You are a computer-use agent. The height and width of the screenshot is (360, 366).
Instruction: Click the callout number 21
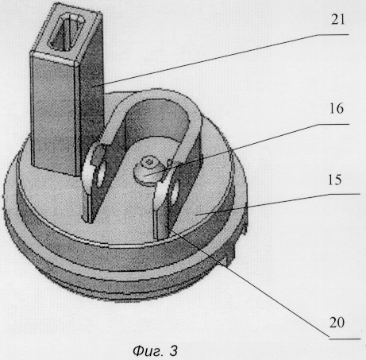pyautogui.click(x=338, y=20)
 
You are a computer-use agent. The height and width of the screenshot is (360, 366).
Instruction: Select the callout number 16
pyautogui.click(x=337, y=109)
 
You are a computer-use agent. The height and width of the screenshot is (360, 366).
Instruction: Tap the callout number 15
pyautogui.click(x=335, y=180)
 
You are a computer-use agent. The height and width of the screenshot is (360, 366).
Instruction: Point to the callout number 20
pyautogui.click(x=337, y=323)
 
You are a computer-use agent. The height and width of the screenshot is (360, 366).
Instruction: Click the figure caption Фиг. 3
pyautogui.click(x=155, y=351)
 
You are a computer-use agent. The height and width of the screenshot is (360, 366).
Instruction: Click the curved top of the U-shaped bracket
pyautogui.click(x=159, y=98)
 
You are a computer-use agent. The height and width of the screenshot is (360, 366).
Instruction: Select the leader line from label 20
pyautogui.click(x=248, y=282)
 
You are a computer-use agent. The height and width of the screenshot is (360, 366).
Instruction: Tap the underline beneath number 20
pyautogui.click(x=345, y=339)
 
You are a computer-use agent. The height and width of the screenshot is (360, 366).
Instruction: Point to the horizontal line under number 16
pyautogui.click(x=333, y=124)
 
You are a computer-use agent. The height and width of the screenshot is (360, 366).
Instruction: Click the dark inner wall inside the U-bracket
pyautogui.click(x=158, y=119)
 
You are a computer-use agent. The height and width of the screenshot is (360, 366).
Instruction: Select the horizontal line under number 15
pyautogui.click(x=345, y=194)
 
